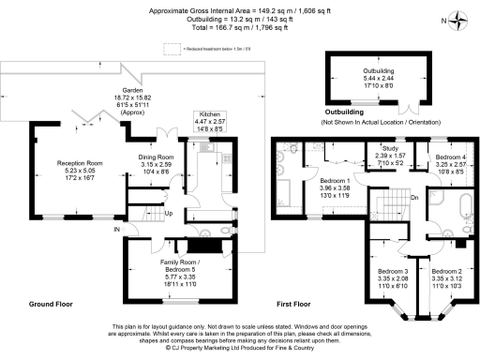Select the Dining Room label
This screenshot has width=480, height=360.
(157, 157)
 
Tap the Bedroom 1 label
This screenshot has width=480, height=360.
(335, 179)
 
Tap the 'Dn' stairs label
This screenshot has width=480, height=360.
(414, 197)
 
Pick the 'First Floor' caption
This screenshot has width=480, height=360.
(294, 305)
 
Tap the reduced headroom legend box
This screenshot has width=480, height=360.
(172, 47)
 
